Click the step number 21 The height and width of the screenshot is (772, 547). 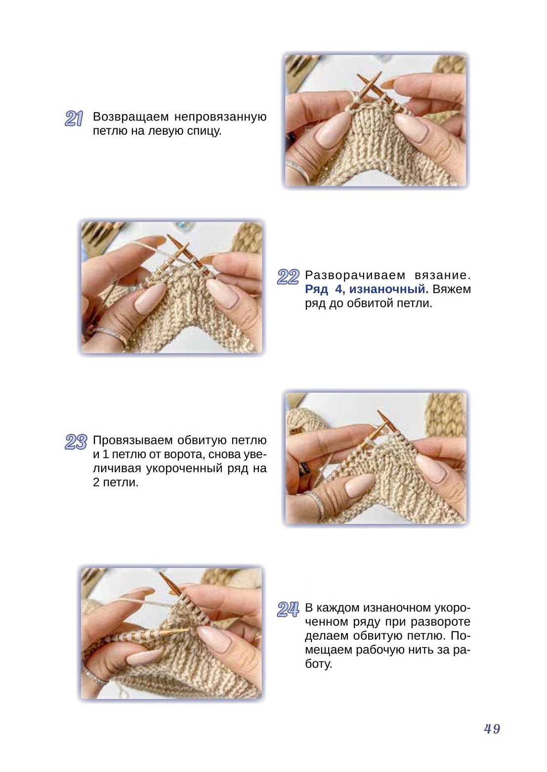(x=74, y=119)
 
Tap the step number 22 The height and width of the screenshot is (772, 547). (x=288, y=277)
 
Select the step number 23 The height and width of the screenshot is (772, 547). (x=76, y=442)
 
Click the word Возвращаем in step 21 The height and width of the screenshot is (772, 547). (x=131, y=117)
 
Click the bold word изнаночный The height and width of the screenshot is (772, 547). (x=388, y=289)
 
